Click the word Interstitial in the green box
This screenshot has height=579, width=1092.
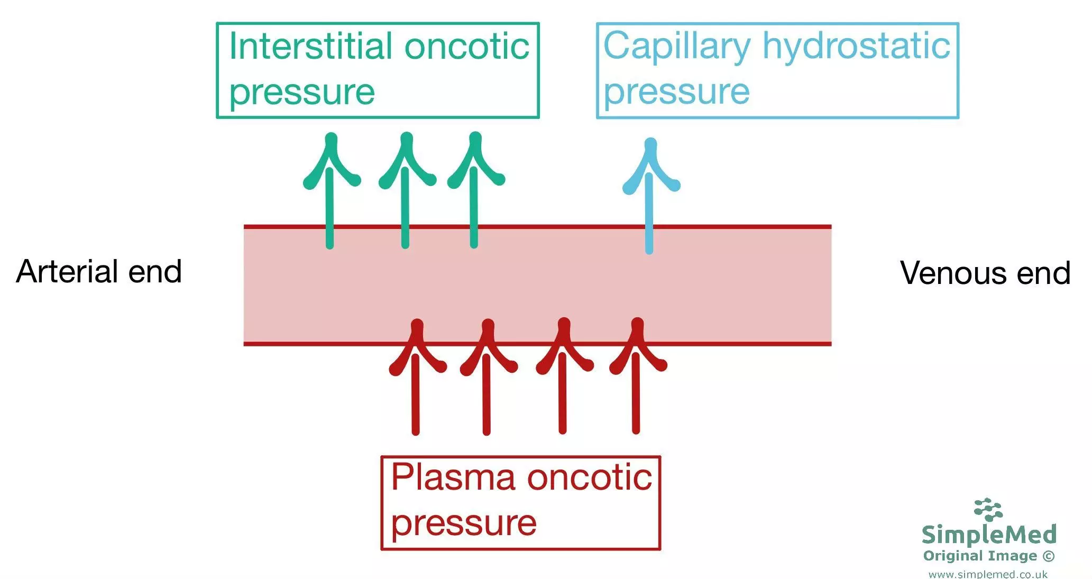pyautogui.click(x=310, y=47)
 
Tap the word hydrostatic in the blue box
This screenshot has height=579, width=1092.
pyautogui.click(x=856, y=47)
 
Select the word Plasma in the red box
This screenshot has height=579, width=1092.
pyautogui.click(x=453, y=477)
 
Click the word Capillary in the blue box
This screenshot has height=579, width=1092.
pyautogui.click(x=676, y=47)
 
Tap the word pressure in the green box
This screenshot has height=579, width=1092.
pyautogui.click(x=302, y=93)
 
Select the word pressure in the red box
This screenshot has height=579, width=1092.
pyautogui.click(x=464, y=523)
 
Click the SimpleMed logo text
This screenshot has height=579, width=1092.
pyautogui.click(x=988, y=535)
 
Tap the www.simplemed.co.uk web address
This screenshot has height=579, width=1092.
pyautogui.click(x=987, y=574)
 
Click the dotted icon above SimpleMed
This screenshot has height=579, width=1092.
pyautogui.click(x=988, y=509)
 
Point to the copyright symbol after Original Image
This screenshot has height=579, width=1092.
pyautogui.click(x=1048, y=556)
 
